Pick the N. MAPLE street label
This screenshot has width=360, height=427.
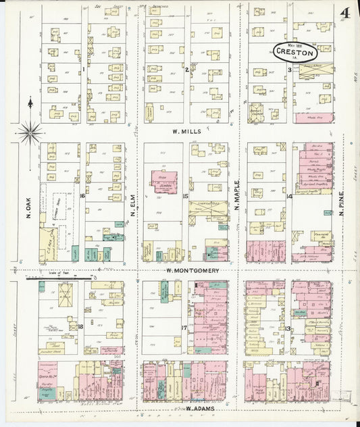(237, 199)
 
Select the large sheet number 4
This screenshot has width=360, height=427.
(344, 14)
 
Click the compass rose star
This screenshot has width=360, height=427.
(30, 132)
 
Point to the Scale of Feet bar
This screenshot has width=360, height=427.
(57, 278)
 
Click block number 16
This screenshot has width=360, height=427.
(82, 196)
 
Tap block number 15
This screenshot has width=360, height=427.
(185, 196)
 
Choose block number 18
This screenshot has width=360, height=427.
(80, 327)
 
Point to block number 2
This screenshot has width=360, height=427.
(186, 69)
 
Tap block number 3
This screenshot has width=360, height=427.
(289, 70)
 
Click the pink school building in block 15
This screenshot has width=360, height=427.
(165, 182)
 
